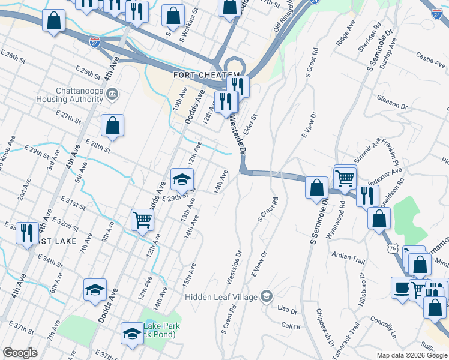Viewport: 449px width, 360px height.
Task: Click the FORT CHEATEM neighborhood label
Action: (x=199, y=75)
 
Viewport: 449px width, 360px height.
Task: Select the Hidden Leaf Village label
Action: (x=221, y=296)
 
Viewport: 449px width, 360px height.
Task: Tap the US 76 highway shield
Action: (x=391, y=230)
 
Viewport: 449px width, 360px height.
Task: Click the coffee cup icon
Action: (x=401, y=287)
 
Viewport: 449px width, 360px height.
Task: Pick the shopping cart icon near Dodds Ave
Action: (x=142, y=219)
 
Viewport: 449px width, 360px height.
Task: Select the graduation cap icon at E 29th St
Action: (x=182, y=178)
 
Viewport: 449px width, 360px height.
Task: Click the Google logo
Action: (x=20, y=353)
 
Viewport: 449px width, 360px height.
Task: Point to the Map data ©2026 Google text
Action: (x=412, y=355)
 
